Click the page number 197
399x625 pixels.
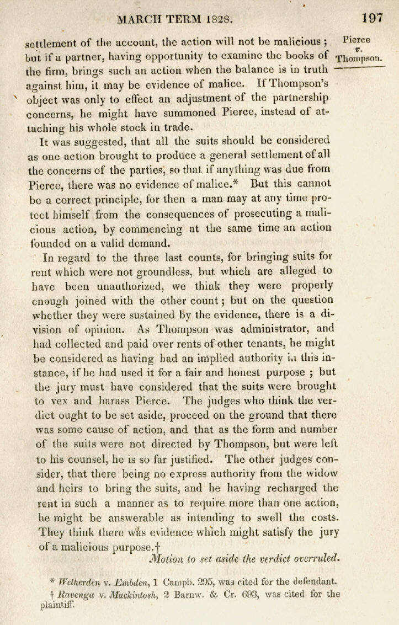(x=373, y=18)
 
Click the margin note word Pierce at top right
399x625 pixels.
(x=357, y=40)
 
